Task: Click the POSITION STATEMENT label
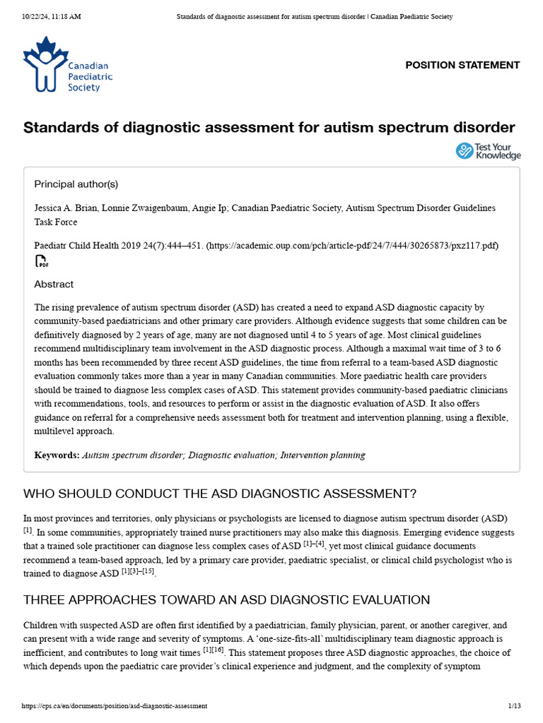pyautogui.click(x=462, y=65)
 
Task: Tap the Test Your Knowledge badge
pyautogui.click(x=488, y=150)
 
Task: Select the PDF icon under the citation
pyautogui.click(x=42, y=262)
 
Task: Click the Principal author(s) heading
pyautogui.click(x=76, y=184)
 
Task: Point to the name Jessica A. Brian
pyautogui.click(x=66, y=208)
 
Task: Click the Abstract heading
pyautogui.click(x=54, y=284)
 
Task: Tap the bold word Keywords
pyautogui.click(x=57, y=455)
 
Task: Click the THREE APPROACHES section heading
pyautogui.click(x=226, y=600)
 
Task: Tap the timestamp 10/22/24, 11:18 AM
pyautogui.click(x=52, y=16)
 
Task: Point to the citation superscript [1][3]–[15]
pyautogui.click(x=138, y=572)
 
